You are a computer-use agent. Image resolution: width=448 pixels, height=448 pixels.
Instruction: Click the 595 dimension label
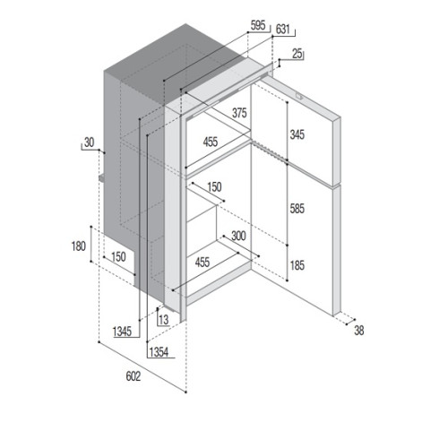(258, 25)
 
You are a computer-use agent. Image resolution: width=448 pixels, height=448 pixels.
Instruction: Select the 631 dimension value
(282, 30)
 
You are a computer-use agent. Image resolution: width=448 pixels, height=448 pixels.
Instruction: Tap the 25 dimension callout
(297, 54)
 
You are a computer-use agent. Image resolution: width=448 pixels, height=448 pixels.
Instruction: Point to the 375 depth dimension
(239, 113)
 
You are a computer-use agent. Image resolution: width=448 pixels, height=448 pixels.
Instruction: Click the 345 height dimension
(297, 134)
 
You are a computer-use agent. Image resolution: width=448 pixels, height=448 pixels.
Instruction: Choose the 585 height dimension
(297, 209)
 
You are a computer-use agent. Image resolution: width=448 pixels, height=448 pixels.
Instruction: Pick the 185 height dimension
(297, 265)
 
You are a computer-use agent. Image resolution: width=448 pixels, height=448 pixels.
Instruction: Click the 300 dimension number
(238, 236)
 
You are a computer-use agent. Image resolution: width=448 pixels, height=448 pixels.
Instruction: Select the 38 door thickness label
(359, 331)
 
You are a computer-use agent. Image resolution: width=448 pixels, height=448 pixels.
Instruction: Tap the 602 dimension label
(134, 376)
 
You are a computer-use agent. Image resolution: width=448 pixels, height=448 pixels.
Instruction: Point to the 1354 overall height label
(159, 352)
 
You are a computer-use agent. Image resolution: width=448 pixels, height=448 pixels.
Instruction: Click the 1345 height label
(122, 332)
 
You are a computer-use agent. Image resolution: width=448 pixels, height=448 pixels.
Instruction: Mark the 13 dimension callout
(164, 320)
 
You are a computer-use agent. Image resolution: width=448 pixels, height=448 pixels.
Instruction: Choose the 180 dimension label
(79, 246)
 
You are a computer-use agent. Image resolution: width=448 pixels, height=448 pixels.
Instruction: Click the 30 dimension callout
(89, 142)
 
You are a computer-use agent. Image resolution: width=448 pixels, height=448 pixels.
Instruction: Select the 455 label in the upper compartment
(211, 142)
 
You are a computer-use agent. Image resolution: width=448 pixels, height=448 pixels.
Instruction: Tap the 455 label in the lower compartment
(202, 263)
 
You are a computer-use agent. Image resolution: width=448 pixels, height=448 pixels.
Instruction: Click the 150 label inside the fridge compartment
(214, 187)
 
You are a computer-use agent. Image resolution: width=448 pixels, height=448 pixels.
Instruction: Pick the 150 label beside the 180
(118, 257)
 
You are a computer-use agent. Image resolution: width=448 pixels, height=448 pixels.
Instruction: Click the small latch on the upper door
(299, 97)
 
